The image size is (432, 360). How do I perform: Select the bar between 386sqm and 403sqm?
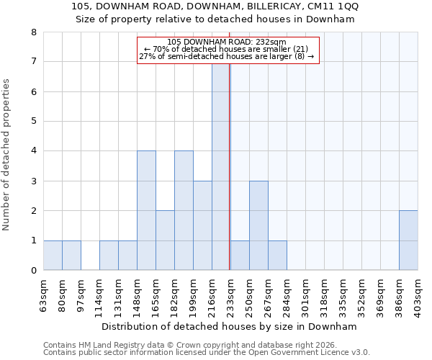point(408,240)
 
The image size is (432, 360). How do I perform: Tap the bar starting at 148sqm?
point(146,210)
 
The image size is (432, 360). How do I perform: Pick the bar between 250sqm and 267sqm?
point(258,225)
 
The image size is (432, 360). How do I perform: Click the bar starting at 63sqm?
point(53,256)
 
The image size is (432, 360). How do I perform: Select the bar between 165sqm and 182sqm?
point(165,240)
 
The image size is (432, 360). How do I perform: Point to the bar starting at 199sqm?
point(202,225)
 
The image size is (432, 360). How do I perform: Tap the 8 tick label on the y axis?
point(33,32)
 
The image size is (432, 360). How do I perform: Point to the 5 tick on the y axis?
point(33,121)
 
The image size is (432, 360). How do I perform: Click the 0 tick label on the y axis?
point(33,271)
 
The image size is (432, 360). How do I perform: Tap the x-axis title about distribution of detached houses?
point(230,326)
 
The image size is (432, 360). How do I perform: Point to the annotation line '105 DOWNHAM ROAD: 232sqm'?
point(226,42)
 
